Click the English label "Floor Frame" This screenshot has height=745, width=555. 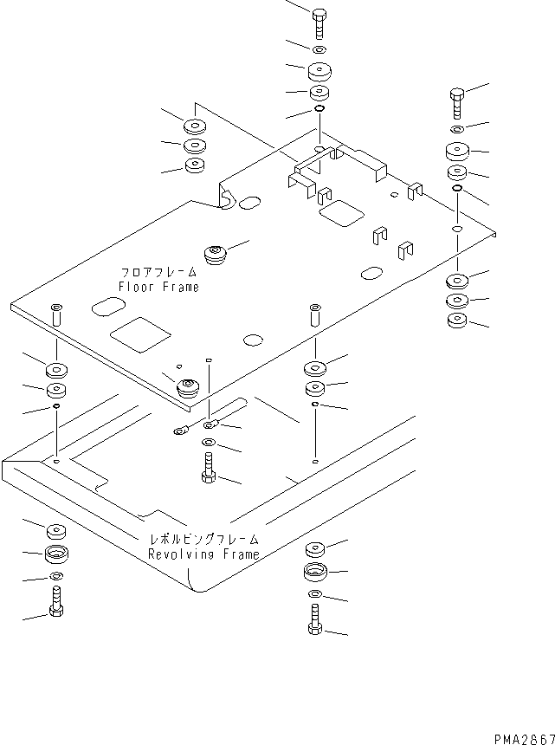[x=158, y=287]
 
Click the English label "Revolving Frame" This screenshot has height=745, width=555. [x=203, y=554]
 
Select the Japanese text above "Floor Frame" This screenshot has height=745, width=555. [x=158, y=272]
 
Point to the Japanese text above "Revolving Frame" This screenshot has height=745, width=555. [x=203, y=540]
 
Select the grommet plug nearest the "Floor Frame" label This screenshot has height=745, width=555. [x=215, y=255]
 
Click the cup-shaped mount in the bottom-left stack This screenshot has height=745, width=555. [x=55, y=554]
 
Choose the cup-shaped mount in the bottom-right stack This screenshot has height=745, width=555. [x=314, y=572]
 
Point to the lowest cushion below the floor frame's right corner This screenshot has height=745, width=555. [x=456, y=323]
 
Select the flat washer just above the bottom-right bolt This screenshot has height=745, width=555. [x=314, y=595]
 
